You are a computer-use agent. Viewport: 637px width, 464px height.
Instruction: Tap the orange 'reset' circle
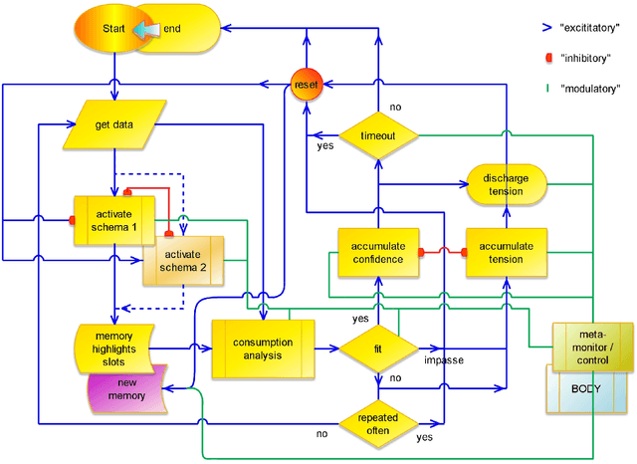coord(304,87)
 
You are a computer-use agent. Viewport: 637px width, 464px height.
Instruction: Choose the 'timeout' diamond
coord(378,135)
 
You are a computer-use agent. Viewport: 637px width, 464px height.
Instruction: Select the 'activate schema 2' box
coord(183,260)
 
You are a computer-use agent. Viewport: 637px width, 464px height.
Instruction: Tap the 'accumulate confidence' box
coord(377,253)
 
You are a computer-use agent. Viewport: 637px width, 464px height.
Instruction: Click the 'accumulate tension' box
coord(507,253)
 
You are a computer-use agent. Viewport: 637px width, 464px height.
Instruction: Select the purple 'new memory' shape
coord(129,389)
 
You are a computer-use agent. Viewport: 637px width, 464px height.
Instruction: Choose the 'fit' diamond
coord(378,348)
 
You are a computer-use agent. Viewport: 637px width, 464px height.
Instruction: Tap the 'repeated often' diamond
coord(378,422)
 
